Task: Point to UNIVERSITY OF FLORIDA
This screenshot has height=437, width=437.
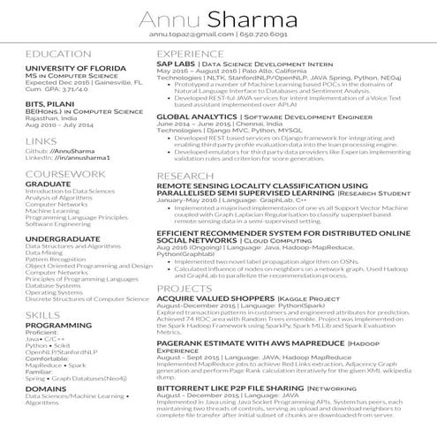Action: [x=65, y=68]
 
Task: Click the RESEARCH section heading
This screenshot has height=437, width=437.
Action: [x=184, y=177]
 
